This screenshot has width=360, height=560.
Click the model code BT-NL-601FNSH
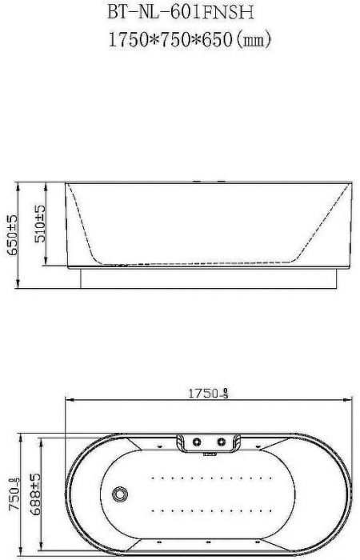[181, 14]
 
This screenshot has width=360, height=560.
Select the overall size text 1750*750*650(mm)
[190, 39]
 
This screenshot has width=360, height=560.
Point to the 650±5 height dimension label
[13, 235]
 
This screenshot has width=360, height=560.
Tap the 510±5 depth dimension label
[40, 224]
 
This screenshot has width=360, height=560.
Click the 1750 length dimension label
[208, 394]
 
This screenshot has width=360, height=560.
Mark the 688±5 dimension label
[35, 494]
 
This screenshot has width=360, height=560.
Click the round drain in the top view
[120, 494]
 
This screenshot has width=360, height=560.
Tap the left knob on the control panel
[197, 442]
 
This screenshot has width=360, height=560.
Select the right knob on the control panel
[222, 442]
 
